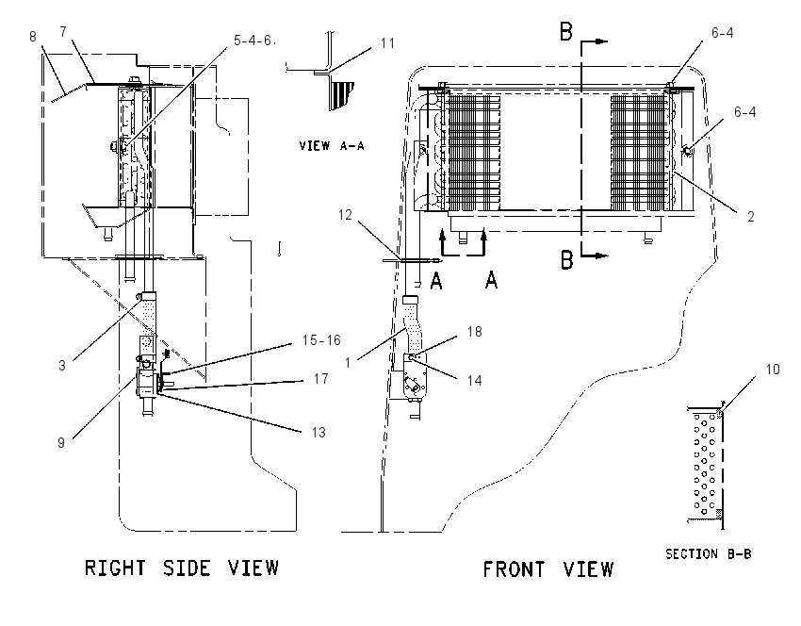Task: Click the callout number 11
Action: click(388, 43)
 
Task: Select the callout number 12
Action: click(345, 215)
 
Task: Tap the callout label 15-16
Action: click(321, 340)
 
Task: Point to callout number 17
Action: click(320, 379)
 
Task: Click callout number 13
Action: click(319, 433)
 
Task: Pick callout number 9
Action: click(61, 442)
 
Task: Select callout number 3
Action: click(62, 366)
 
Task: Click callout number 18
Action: click(475, 332)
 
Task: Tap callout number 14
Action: click(475, 380)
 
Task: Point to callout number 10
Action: click(773, 369)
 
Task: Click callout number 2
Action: click(750, 217)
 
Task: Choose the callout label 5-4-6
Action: click(253, 41)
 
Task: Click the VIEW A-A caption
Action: click(332, 145)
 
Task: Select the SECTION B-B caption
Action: click(708, 553)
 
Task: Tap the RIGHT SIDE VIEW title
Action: click(181, 568)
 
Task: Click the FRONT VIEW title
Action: click(548, 568)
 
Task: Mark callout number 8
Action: click(33, 36)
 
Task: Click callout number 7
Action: click(63, 32)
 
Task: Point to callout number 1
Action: click(348, 363)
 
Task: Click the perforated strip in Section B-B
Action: click(705, 463)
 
